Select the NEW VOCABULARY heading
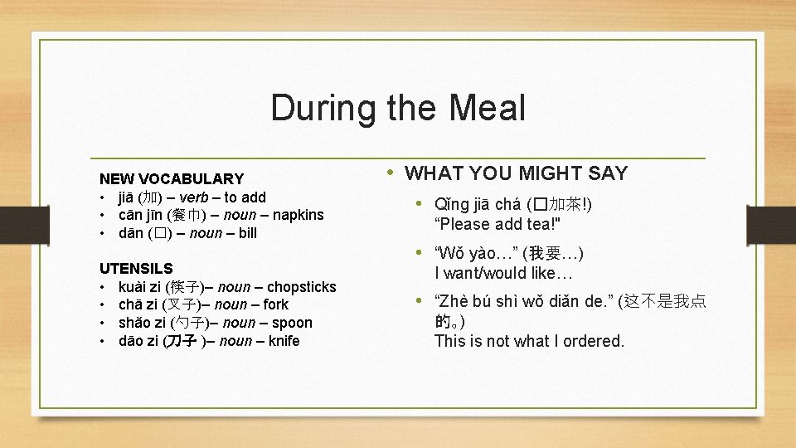(x=172, y=178)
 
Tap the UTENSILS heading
(x=136, y=268)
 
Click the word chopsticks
(x=302, y=287)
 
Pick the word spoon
(x=293, y=323)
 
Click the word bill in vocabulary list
(x=247, y=233)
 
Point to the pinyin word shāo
(x=134, y=323)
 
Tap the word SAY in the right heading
(x=609, y=173)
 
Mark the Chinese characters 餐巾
(x=179, y=215)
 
